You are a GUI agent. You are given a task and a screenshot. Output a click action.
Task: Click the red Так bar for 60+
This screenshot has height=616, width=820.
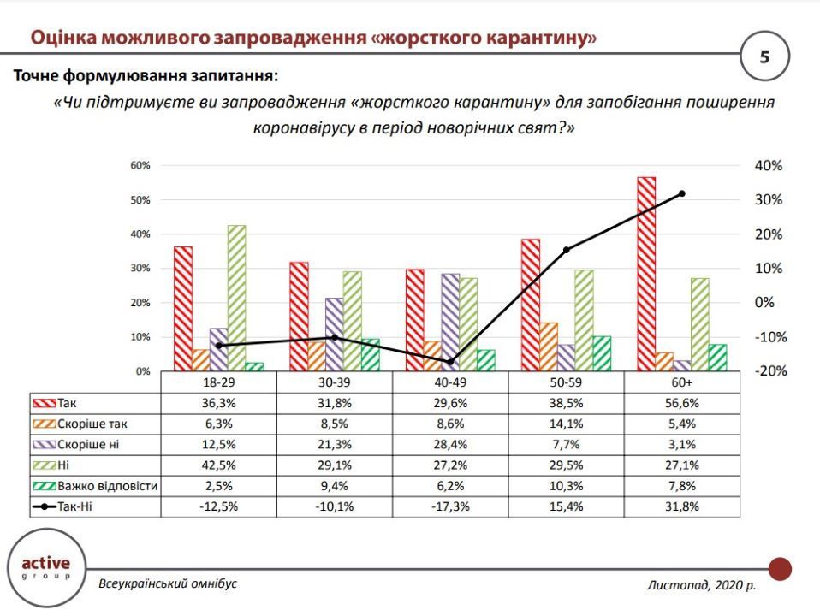[x=646, y=274]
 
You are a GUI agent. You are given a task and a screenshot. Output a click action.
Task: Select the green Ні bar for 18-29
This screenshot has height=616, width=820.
[x=236, y=298]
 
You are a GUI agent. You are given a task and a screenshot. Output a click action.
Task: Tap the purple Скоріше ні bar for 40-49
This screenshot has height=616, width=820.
[x=451, y=322]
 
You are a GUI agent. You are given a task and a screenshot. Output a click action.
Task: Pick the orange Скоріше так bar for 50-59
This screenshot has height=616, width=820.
[x=549, y=346]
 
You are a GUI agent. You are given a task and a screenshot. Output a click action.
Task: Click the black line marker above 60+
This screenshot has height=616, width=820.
[x=682, y=193]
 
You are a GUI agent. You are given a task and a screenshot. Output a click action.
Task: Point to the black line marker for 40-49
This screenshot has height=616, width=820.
[x=451, y=362]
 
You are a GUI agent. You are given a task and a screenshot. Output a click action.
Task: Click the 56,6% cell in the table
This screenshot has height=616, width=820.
[x=682, y=404]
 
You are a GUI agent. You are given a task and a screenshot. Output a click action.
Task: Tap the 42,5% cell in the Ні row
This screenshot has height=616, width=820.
[x=218, y=465]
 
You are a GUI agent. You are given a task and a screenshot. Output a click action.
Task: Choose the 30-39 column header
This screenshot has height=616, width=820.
[x=335, y=383]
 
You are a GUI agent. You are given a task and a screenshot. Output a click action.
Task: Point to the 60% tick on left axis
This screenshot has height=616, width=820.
[x=140, y=165]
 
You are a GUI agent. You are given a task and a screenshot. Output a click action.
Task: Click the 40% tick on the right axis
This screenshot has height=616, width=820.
[x=768, y=165]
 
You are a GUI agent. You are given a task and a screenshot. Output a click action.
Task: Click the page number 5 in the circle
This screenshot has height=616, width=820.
[x=764, y=58]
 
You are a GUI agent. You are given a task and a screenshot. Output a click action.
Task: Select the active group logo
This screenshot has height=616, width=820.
[x=45, y=567]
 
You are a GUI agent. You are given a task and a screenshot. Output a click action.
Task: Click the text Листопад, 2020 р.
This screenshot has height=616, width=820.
[x=702, y=586]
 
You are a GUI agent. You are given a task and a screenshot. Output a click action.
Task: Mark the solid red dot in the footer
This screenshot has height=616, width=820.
[x=780, y=569]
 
